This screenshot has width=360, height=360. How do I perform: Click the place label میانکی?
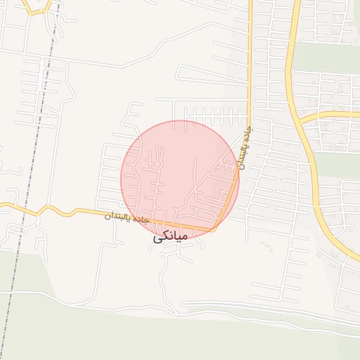(x=170, y=238)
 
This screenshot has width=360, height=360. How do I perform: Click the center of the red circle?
(x=180, y=180)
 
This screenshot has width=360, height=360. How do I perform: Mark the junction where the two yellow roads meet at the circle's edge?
(x=214, y=228)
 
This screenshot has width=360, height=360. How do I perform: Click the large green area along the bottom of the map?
(x=176, y=337)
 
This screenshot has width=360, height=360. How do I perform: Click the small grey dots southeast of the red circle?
(x=266, y=245)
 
